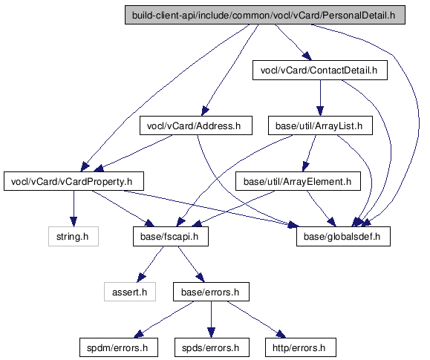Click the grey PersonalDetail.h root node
(265, 15)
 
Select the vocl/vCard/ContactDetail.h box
(320, 71)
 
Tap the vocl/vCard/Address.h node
(196, 125)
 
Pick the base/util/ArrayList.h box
(320, 125)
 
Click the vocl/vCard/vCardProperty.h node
(74, 181)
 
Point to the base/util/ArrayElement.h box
(298, 181)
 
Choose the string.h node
(74, 236)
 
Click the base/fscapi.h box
(171, 236)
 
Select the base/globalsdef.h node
(343, 236)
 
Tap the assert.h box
(130, 292)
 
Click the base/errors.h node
(211, 292)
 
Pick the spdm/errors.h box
(119, 347)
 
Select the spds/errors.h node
(212, 347)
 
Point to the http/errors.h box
(301, 347)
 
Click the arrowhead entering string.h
(74, 222)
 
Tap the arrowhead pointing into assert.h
(141, 278)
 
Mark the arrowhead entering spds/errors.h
(211, 333)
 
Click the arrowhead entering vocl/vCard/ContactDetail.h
(307, 56)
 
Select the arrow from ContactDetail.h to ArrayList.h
(320, 98)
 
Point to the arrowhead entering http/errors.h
(281, 334)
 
